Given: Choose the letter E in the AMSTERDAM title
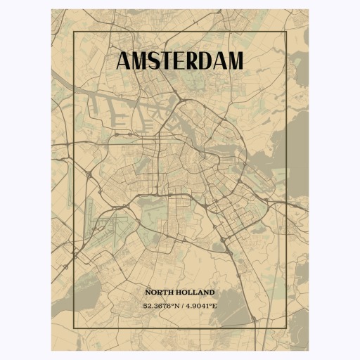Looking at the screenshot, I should point(179,61).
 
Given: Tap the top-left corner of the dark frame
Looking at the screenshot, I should point(73,32).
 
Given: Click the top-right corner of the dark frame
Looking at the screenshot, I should point(286,32).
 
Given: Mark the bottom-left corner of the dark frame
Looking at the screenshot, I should point(73,328).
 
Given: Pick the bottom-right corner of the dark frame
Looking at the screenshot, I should point(286,328).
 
